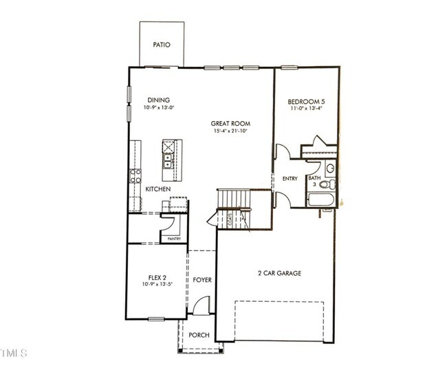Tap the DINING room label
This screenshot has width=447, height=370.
(x=157, y=100)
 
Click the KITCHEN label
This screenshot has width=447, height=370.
(x=157, y=189)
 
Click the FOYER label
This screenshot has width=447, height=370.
(x=201, y=280)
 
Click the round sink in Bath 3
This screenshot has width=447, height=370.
(x=330, y=168)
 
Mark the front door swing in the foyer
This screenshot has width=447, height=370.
(x=200, y=305)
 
